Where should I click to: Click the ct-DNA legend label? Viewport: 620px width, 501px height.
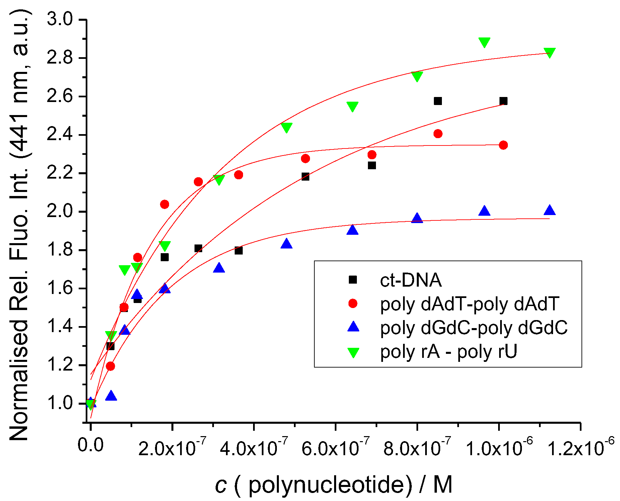(410, 280)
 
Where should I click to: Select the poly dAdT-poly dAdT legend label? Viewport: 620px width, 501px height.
(470, 304)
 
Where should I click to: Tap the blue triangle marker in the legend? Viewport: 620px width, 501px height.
(353, 327)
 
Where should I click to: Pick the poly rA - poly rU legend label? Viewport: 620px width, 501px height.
(449, 351)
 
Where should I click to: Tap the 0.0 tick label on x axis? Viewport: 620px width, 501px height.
(90, 445)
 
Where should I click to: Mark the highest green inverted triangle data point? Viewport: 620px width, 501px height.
(484, 42)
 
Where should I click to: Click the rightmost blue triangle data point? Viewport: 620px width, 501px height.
(549, 210)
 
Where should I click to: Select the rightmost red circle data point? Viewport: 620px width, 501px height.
(503, 145)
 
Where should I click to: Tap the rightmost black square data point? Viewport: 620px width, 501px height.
(503, 101)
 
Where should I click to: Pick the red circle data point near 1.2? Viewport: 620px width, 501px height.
(110, 366)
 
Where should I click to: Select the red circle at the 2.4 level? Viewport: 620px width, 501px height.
(438, 134)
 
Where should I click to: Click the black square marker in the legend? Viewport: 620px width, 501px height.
(353, 280)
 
